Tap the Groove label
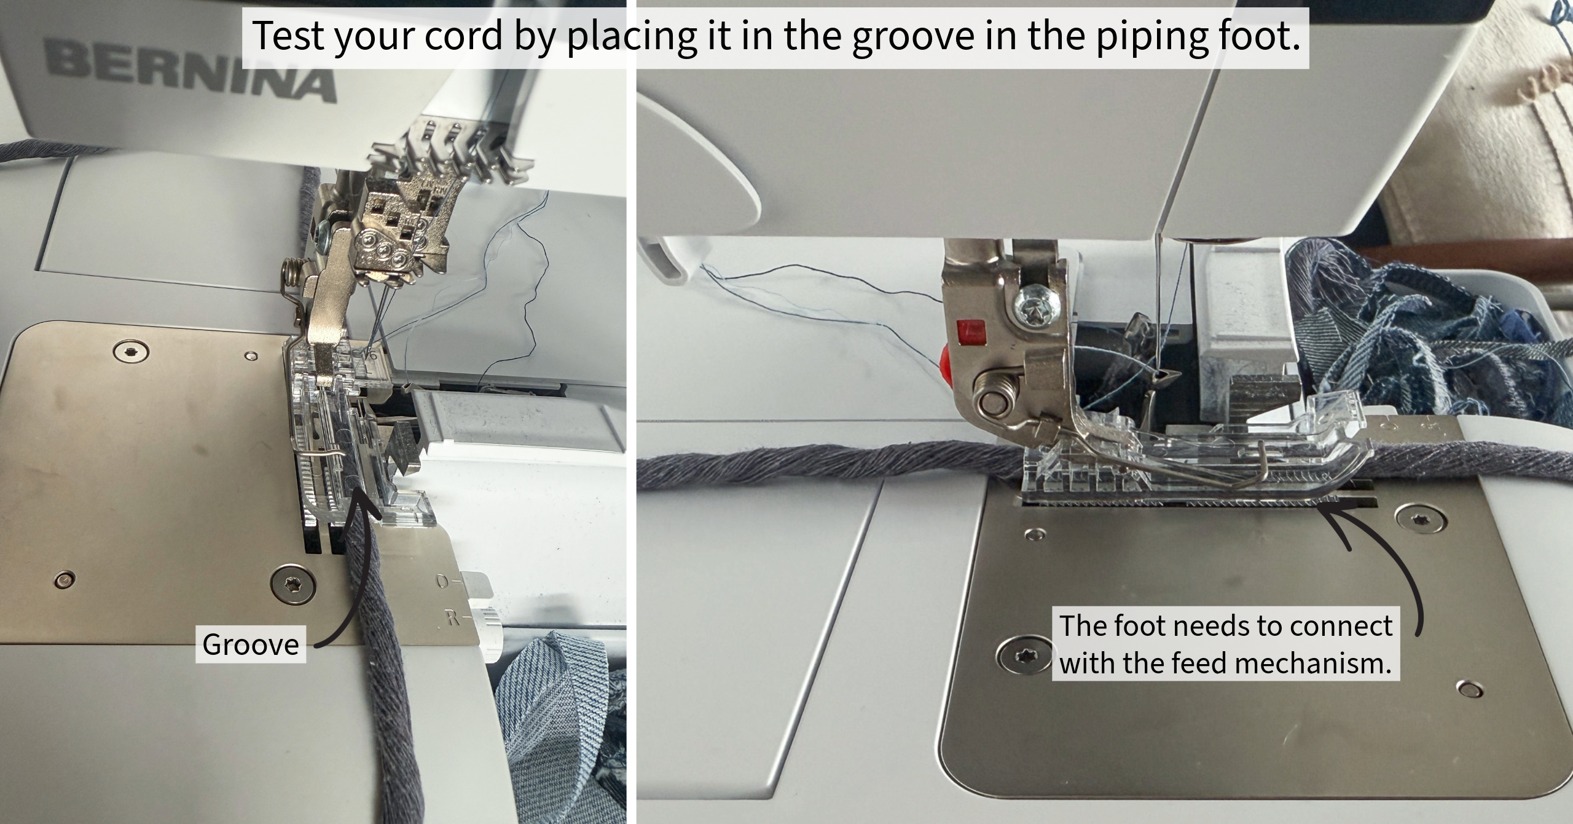coord(251,644)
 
